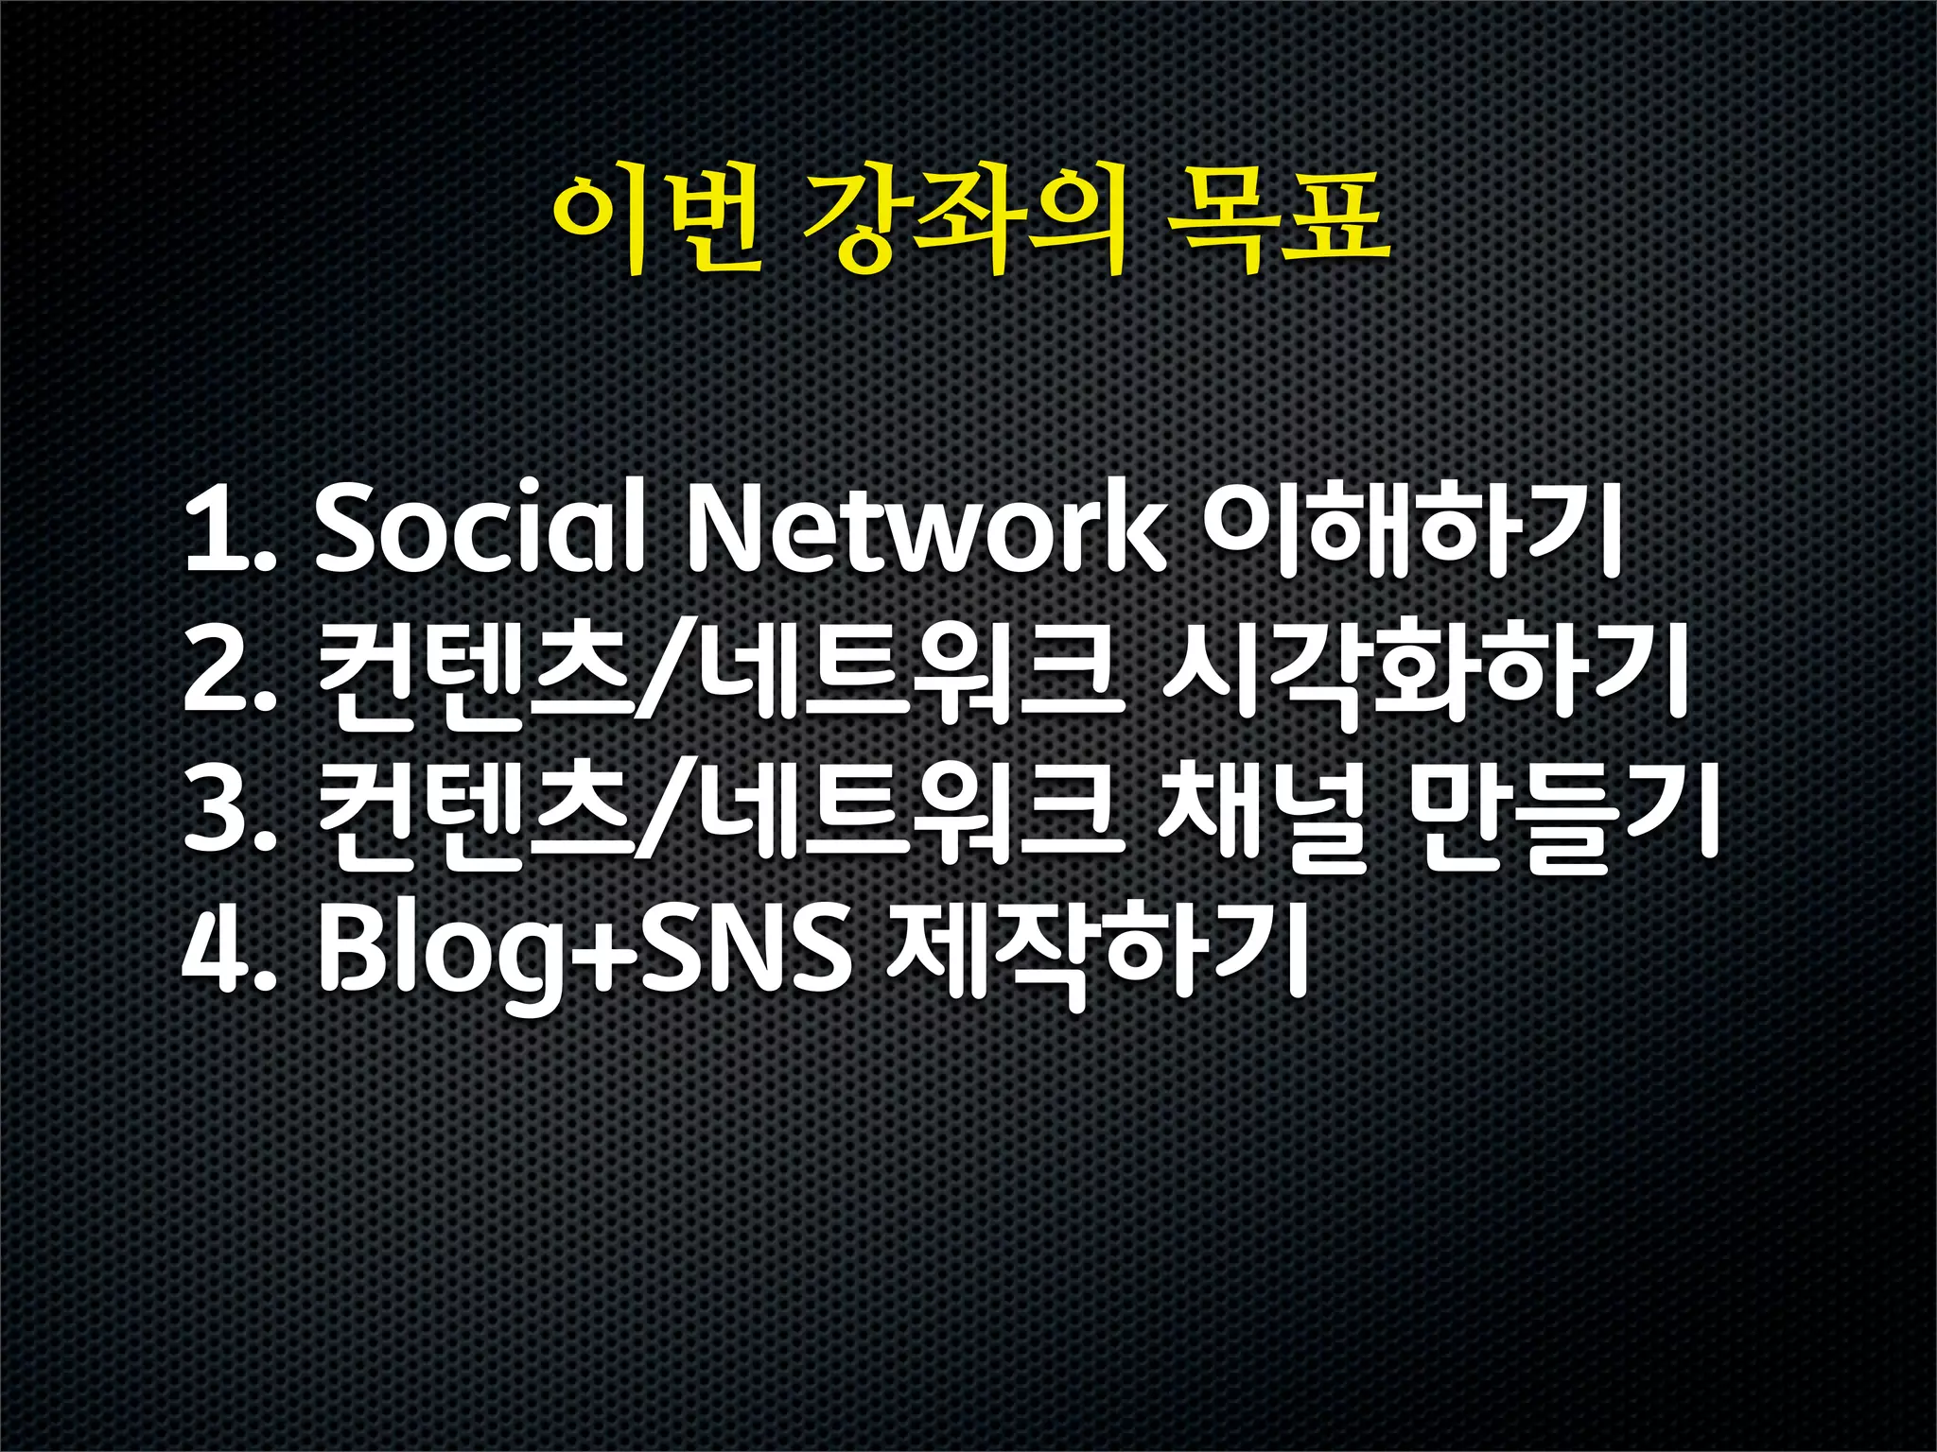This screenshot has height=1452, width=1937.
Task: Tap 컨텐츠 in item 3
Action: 473,813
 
